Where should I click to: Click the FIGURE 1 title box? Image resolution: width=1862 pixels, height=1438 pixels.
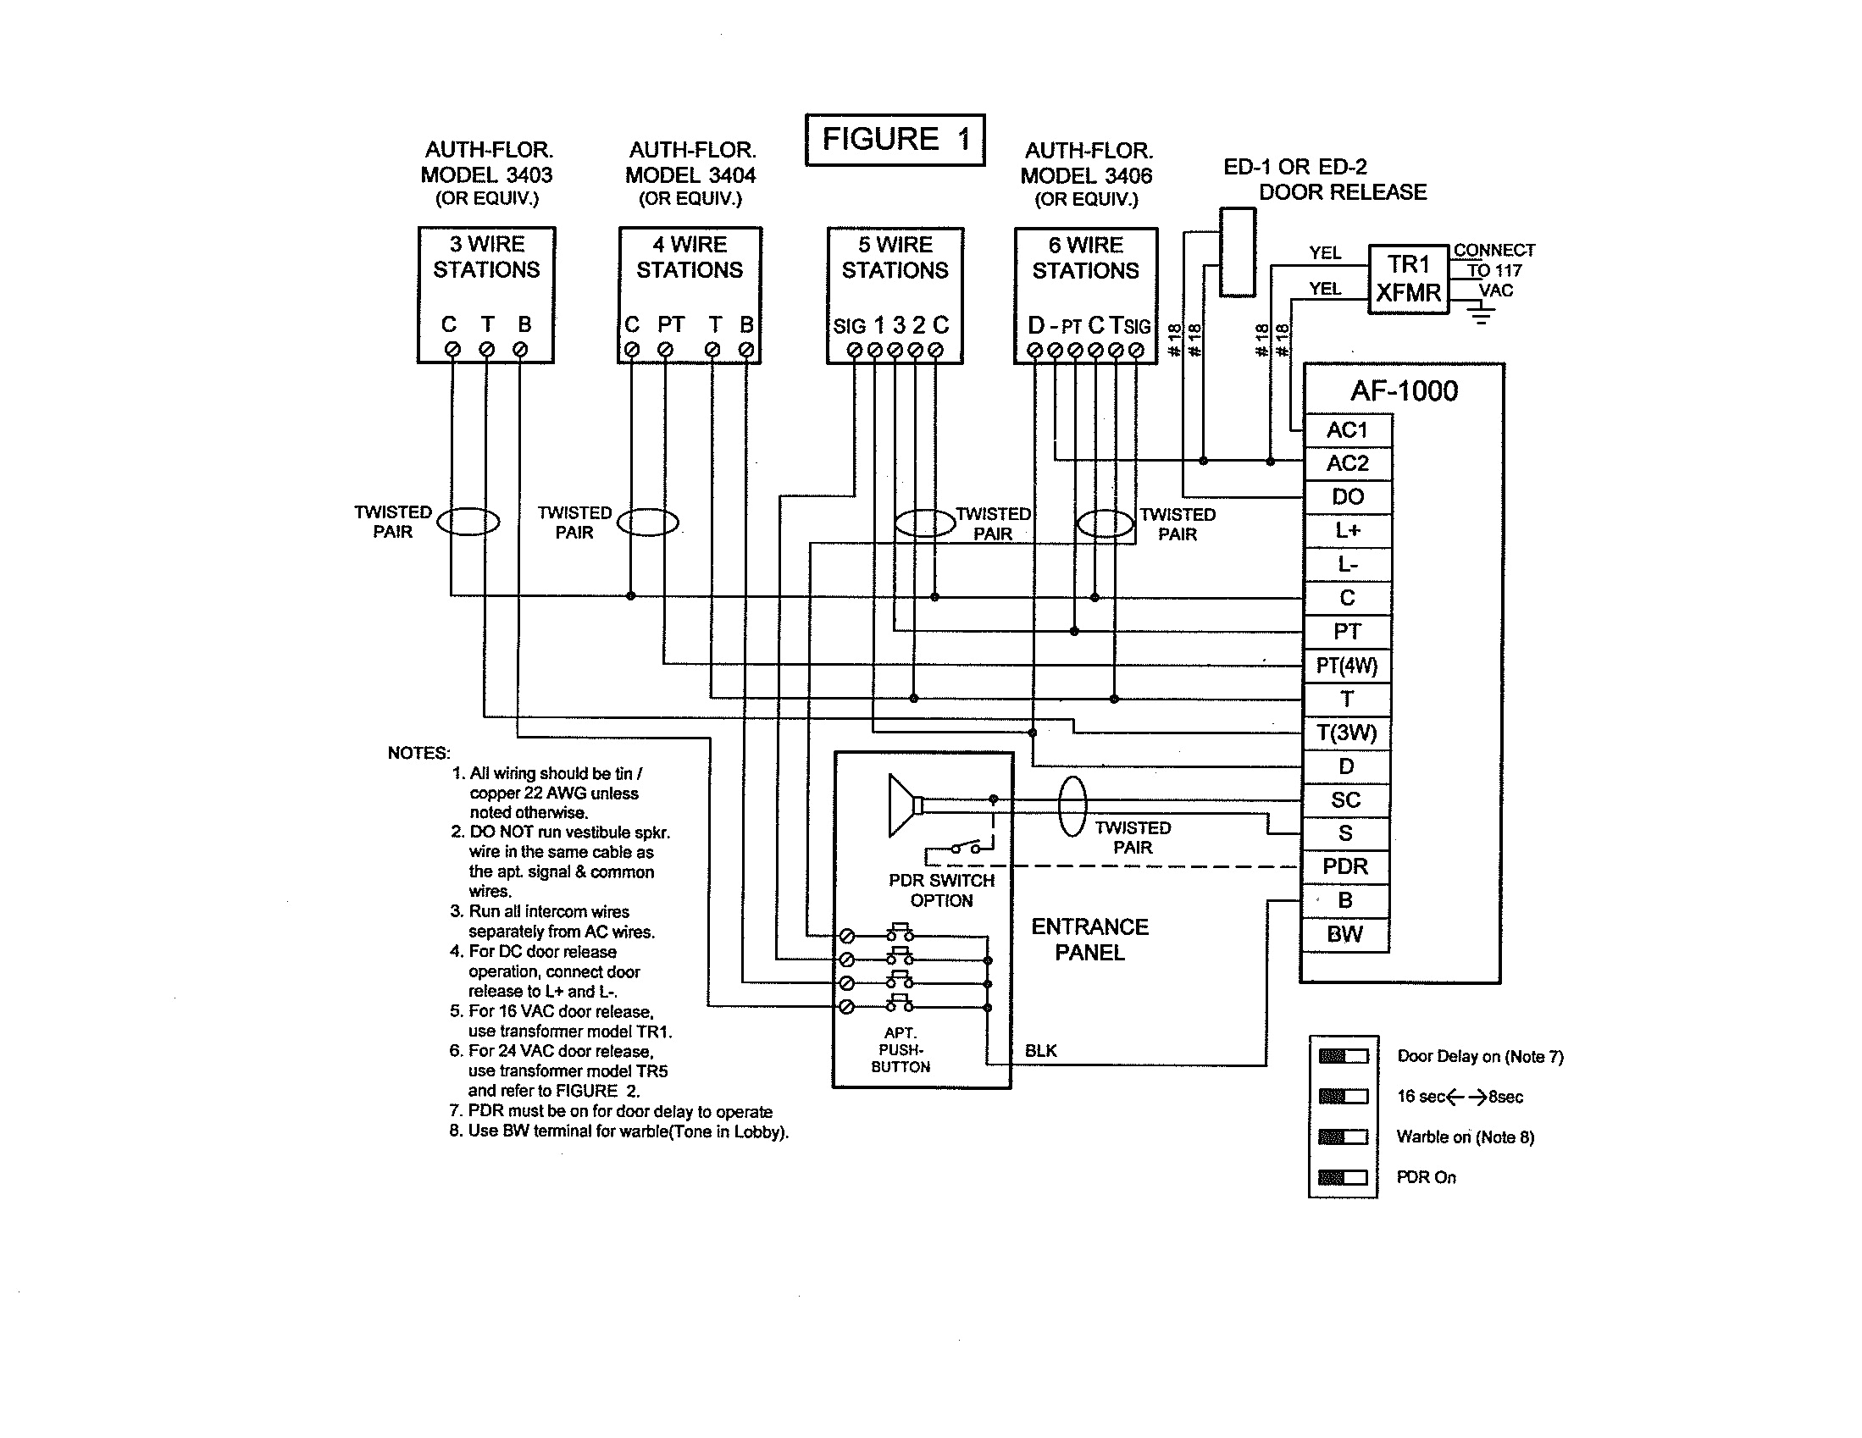pos(895,139)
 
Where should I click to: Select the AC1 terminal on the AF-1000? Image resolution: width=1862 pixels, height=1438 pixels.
pos(1347,429)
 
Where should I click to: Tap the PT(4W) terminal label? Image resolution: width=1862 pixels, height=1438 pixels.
pos(1347,666)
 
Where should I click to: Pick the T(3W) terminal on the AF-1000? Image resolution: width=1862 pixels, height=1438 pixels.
pos(1347,733)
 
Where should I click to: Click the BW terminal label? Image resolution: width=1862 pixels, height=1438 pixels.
pos(1344,934)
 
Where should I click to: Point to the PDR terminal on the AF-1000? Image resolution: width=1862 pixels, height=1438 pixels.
pos(1344,867)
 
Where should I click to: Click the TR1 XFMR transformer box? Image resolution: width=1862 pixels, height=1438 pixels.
pos(1408,279)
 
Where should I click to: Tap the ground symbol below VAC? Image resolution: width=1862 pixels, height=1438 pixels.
pos(1481,316)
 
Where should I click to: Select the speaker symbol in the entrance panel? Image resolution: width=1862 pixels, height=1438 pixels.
pos(904,805)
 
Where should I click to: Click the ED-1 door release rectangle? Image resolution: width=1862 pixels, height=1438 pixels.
pos(1237,252)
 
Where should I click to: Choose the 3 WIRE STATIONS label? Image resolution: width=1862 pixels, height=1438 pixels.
pos(486,257)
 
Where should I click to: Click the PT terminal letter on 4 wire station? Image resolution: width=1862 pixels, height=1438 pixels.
pos(671,324)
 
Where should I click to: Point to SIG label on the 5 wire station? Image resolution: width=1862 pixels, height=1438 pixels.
pos(849,326)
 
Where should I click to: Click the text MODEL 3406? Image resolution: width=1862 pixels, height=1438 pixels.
pos(1086,175)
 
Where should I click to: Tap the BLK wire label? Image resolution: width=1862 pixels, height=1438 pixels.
pos(1040,1051)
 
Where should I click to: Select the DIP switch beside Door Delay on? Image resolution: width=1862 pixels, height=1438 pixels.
pos(1343,1056)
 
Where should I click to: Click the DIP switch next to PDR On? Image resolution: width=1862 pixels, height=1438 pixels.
pos(1343,1177)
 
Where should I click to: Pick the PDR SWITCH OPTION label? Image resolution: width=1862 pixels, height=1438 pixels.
pos(941,890)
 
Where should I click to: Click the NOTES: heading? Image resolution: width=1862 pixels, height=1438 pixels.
pos(418,753)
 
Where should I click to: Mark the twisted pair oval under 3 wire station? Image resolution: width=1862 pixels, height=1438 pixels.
pos(468,521)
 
